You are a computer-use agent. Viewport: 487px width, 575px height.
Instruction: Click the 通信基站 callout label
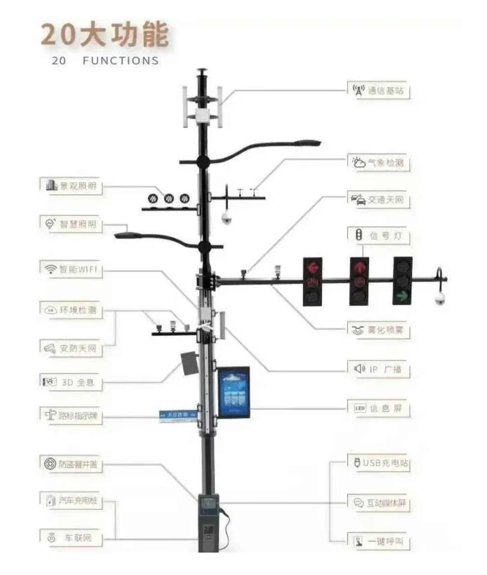379,91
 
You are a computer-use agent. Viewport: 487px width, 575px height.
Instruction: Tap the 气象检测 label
379,163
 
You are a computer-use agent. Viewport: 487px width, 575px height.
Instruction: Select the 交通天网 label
379,200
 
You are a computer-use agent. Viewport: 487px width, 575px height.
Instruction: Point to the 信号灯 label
379,236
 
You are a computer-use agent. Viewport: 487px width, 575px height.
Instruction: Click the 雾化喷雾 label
379,330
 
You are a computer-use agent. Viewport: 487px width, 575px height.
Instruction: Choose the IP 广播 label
379,370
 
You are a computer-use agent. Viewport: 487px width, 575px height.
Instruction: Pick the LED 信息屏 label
379,408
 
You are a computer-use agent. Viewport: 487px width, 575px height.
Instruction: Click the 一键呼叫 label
379,541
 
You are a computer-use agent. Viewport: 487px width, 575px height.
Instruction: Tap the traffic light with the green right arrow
403,281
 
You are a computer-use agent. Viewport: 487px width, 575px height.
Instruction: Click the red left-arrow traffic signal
312,282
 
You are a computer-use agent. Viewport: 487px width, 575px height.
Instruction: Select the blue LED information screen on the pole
234,392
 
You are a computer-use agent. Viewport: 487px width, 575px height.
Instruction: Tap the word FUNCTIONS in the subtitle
120,61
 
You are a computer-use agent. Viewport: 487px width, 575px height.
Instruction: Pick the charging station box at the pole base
208,523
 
